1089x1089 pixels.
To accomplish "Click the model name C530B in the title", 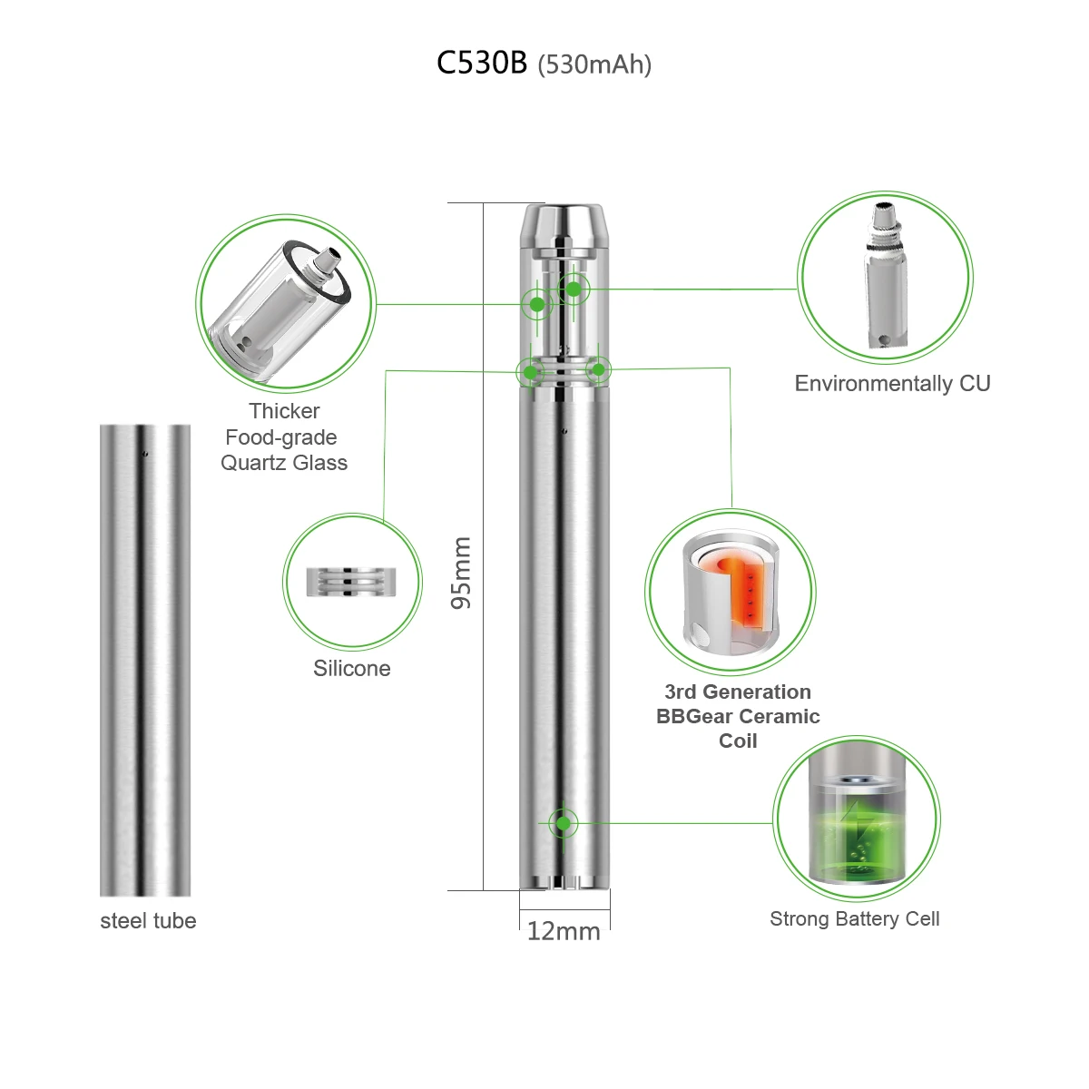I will [x=481, y=64].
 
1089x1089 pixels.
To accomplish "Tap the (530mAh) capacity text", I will [x=594, y=65].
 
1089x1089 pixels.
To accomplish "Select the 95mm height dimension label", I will [x=462, y=572].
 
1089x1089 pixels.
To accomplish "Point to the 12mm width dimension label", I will [x=564, y=932].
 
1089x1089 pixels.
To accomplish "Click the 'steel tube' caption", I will [x=148, y=921].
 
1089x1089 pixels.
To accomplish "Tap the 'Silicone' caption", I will [x=352, y=669].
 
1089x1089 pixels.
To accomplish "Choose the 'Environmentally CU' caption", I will [x=892, y=384].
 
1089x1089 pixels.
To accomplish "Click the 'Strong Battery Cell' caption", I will [x=854, y=919].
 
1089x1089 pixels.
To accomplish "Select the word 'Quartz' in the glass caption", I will [x=258, y=463].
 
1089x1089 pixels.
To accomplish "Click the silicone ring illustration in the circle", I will [x=352, y=582].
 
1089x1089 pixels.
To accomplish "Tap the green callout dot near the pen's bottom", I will [x=564, y=823].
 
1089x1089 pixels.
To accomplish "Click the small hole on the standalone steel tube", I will [x=144, y=451].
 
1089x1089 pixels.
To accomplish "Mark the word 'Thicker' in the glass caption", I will [x=284, y=411].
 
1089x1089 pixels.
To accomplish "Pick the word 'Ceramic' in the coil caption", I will [x=782, y=717].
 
